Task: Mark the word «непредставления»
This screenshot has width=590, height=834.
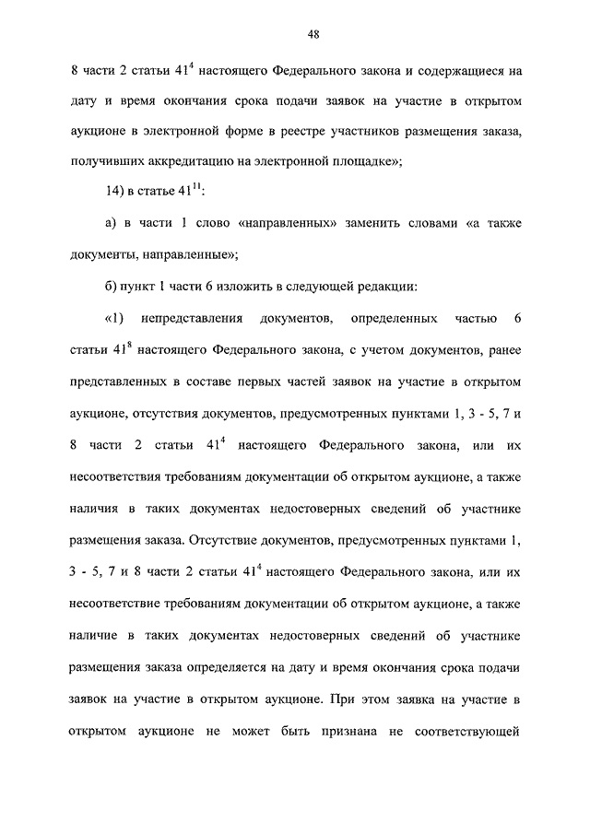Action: point(190,321)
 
